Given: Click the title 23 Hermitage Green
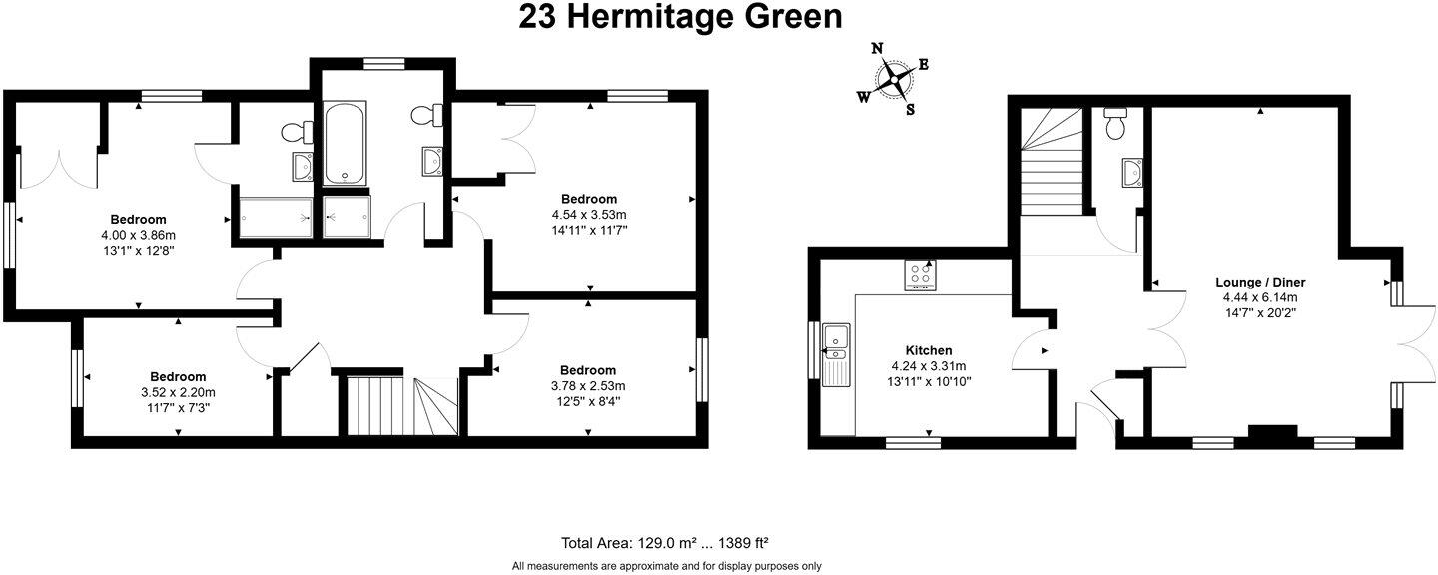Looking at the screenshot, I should click(680, 17).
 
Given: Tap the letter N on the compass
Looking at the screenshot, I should click(878, 48).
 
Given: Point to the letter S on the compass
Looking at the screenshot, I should click(910, 110).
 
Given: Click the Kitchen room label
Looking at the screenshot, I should click(928, 350).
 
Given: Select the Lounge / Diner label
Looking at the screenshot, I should click(1260, 283).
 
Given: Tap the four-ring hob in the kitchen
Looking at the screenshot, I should click(920, 275).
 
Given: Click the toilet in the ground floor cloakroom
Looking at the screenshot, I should click(1115, 124).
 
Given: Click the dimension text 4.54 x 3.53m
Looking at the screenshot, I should click(588, 215).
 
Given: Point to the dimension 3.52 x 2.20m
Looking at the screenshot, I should click(178, 392).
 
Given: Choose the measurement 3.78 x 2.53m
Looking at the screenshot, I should click(588, 386).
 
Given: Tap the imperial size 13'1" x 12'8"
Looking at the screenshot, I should click(138, 251).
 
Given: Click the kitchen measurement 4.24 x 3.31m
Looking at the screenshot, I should click(928, 366).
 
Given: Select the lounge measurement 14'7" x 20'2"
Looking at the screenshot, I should click(1260, 313).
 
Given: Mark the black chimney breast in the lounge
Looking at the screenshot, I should click(1272, 432).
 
